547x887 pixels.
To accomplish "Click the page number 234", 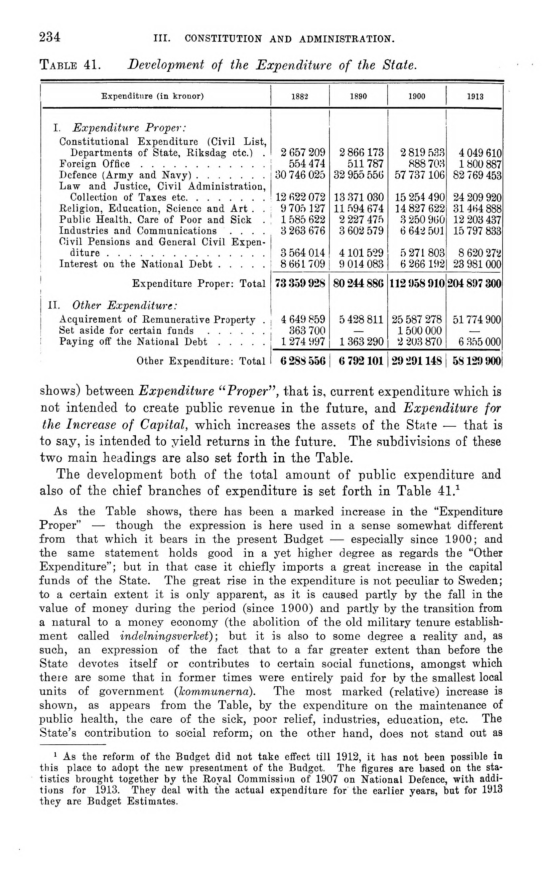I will pos(50,37).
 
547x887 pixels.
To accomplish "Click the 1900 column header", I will pos(416,97).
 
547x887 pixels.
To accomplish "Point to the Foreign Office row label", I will pos(95,164).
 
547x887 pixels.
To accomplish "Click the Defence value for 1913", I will pos(477,175).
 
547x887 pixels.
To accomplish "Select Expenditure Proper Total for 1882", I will pos(300,284).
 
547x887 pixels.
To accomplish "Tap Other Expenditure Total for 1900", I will pos(416,361).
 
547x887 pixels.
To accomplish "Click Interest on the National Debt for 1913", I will pos(477,264).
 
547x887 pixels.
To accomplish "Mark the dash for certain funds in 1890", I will pos(358,331).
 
